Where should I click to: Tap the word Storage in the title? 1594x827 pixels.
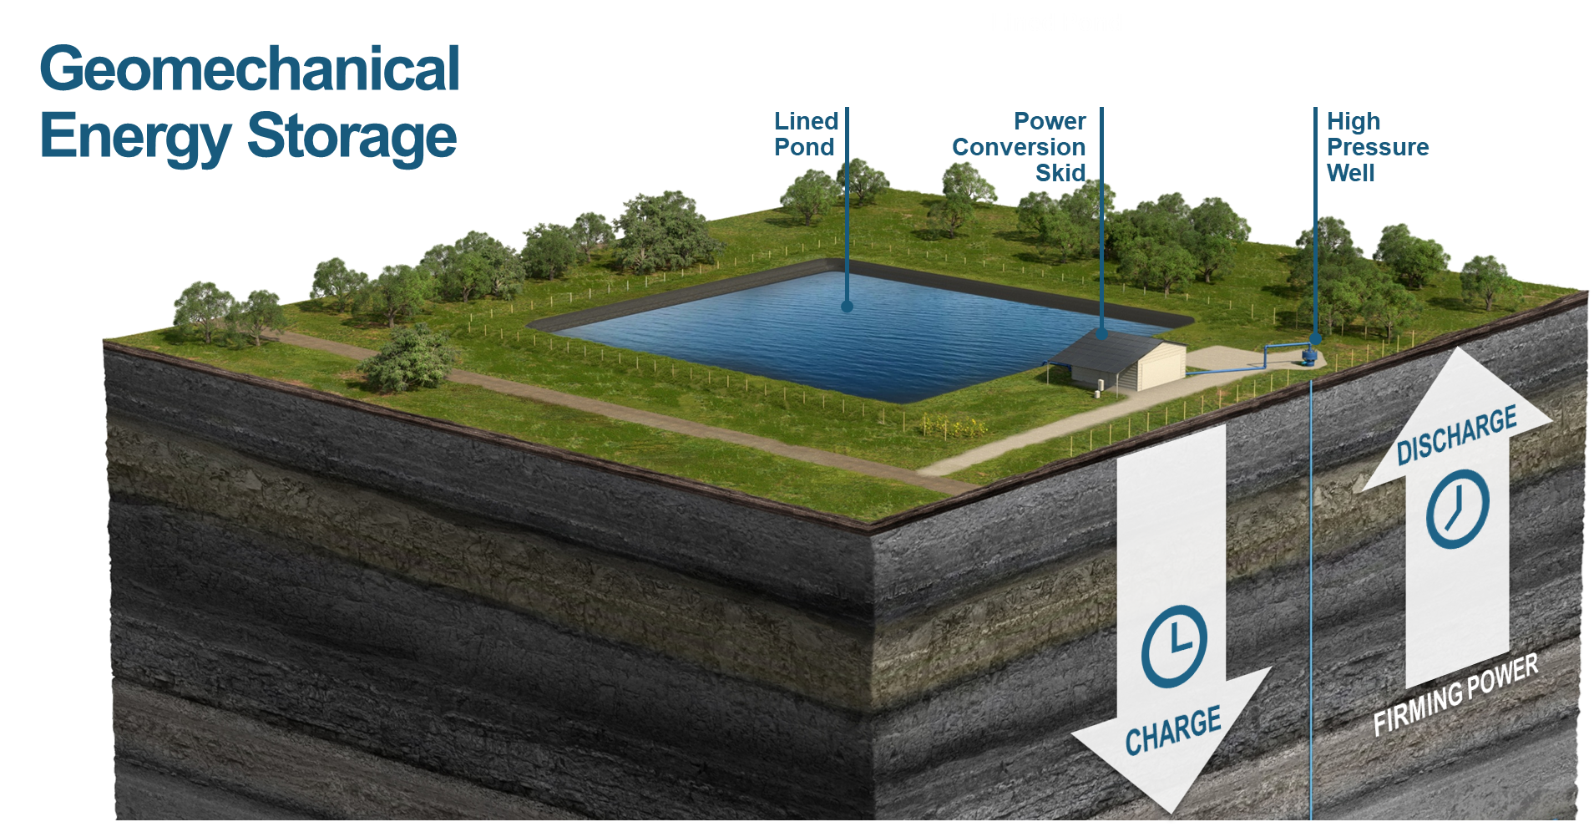click(x=352, y=136)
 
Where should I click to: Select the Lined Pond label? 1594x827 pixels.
click(x=806, y=134)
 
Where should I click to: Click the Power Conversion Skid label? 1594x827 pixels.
click(x=1019, y=147)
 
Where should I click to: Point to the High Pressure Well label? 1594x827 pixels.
click(x=1378, y=147)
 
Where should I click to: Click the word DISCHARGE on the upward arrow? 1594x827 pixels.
click(x=1457, y=434)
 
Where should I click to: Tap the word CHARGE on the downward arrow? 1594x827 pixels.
click(x=1173, y=730)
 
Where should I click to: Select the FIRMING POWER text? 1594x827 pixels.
click(x=1455, y=694)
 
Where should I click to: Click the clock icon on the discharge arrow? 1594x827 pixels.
click(x=1458, y=509)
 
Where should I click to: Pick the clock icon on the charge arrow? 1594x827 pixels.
click(x=1174, y=647)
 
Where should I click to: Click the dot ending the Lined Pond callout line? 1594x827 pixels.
click(x=847, y=307)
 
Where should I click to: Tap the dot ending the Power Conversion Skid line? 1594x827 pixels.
click(x=1101, y=334)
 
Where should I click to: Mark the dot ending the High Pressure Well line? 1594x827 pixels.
click(x=1315, y=339)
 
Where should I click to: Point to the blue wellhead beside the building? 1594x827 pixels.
click(x=1308, y=357)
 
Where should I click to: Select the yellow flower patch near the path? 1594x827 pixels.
click(x=954, y=426)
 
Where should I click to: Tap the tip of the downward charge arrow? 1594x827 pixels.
click(x=1170, y=812)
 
